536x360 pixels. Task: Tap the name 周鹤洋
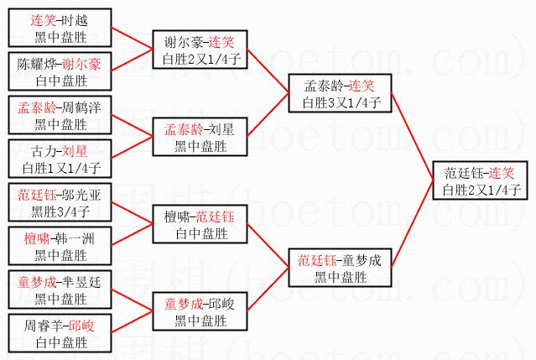pyautogui.click(x=82, y=108)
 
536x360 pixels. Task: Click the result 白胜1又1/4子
pyautogui.click(x=60, y=168)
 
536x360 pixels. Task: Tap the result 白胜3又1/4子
pyautogui.click(x=336, y=102)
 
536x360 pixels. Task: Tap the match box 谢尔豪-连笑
pyautogui.click(x=200, y=50)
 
